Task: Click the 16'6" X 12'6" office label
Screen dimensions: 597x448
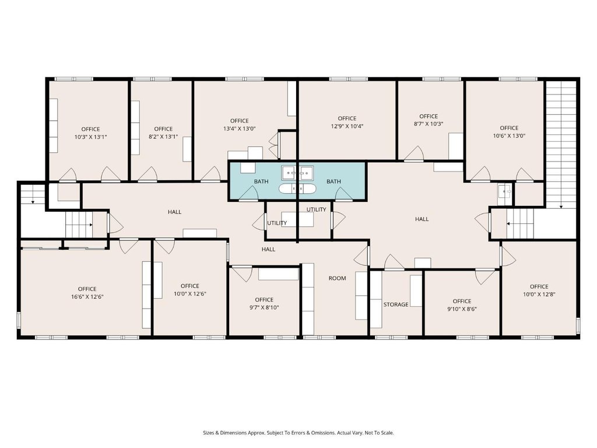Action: pos(87,293)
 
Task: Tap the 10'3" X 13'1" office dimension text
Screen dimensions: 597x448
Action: pos(90,136)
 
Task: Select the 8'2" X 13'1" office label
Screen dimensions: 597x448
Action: pos(163,132)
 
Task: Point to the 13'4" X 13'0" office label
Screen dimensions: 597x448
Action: pos(239,125)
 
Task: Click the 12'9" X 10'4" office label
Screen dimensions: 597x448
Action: pos(347,123)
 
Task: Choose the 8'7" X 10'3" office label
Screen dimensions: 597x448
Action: pos(429,120)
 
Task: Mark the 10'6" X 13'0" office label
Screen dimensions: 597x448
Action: pos(509,131)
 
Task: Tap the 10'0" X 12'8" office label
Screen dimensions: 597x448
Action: pos(539,290)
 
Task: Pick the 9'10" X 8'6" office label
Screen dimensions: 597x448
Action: pos(462,304)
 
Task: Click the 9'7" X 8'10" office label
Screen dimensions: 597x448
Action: pos(264,303)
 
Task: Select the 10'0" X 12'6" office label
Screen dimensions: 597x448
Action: pos(189,289)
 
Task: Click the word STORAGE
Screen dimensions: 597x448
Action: pos(396,304)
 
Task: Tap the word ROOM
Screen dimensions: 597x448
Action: pos(338,278)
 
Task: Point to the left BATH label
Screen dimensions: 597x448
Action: pos(261,181)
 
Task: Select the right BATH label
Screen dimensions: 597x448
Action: pos(333,181)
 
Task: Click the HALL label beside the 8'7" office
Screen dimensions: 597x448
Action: pos(422,219)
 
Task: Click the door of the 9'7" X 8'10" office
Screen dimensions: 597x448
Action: pos(242,274)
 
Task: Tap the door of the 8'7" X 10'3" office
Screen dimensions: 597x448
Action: pos(414,154)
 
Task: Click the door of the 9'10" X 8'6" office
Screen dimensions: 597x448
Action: pos(484,276)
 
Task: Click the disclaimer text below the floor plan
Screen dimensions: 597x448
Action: pos(298,433)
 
